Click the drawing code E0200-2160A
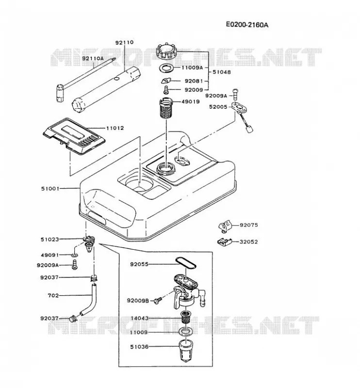247,25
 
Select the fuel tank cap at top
166,52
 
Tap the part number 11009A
192,67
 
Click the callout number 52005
218,107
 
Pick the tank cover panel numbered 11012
74,136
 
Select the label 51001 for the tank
50,189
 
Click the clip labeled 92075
225,226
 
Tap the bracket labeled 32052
224,242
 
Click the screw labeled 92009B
158,300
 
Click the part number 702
53,295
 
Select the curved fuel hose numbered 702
88,300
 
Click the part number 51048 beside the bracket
222,72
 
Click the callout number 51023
50,240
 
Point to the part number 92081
194,81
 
